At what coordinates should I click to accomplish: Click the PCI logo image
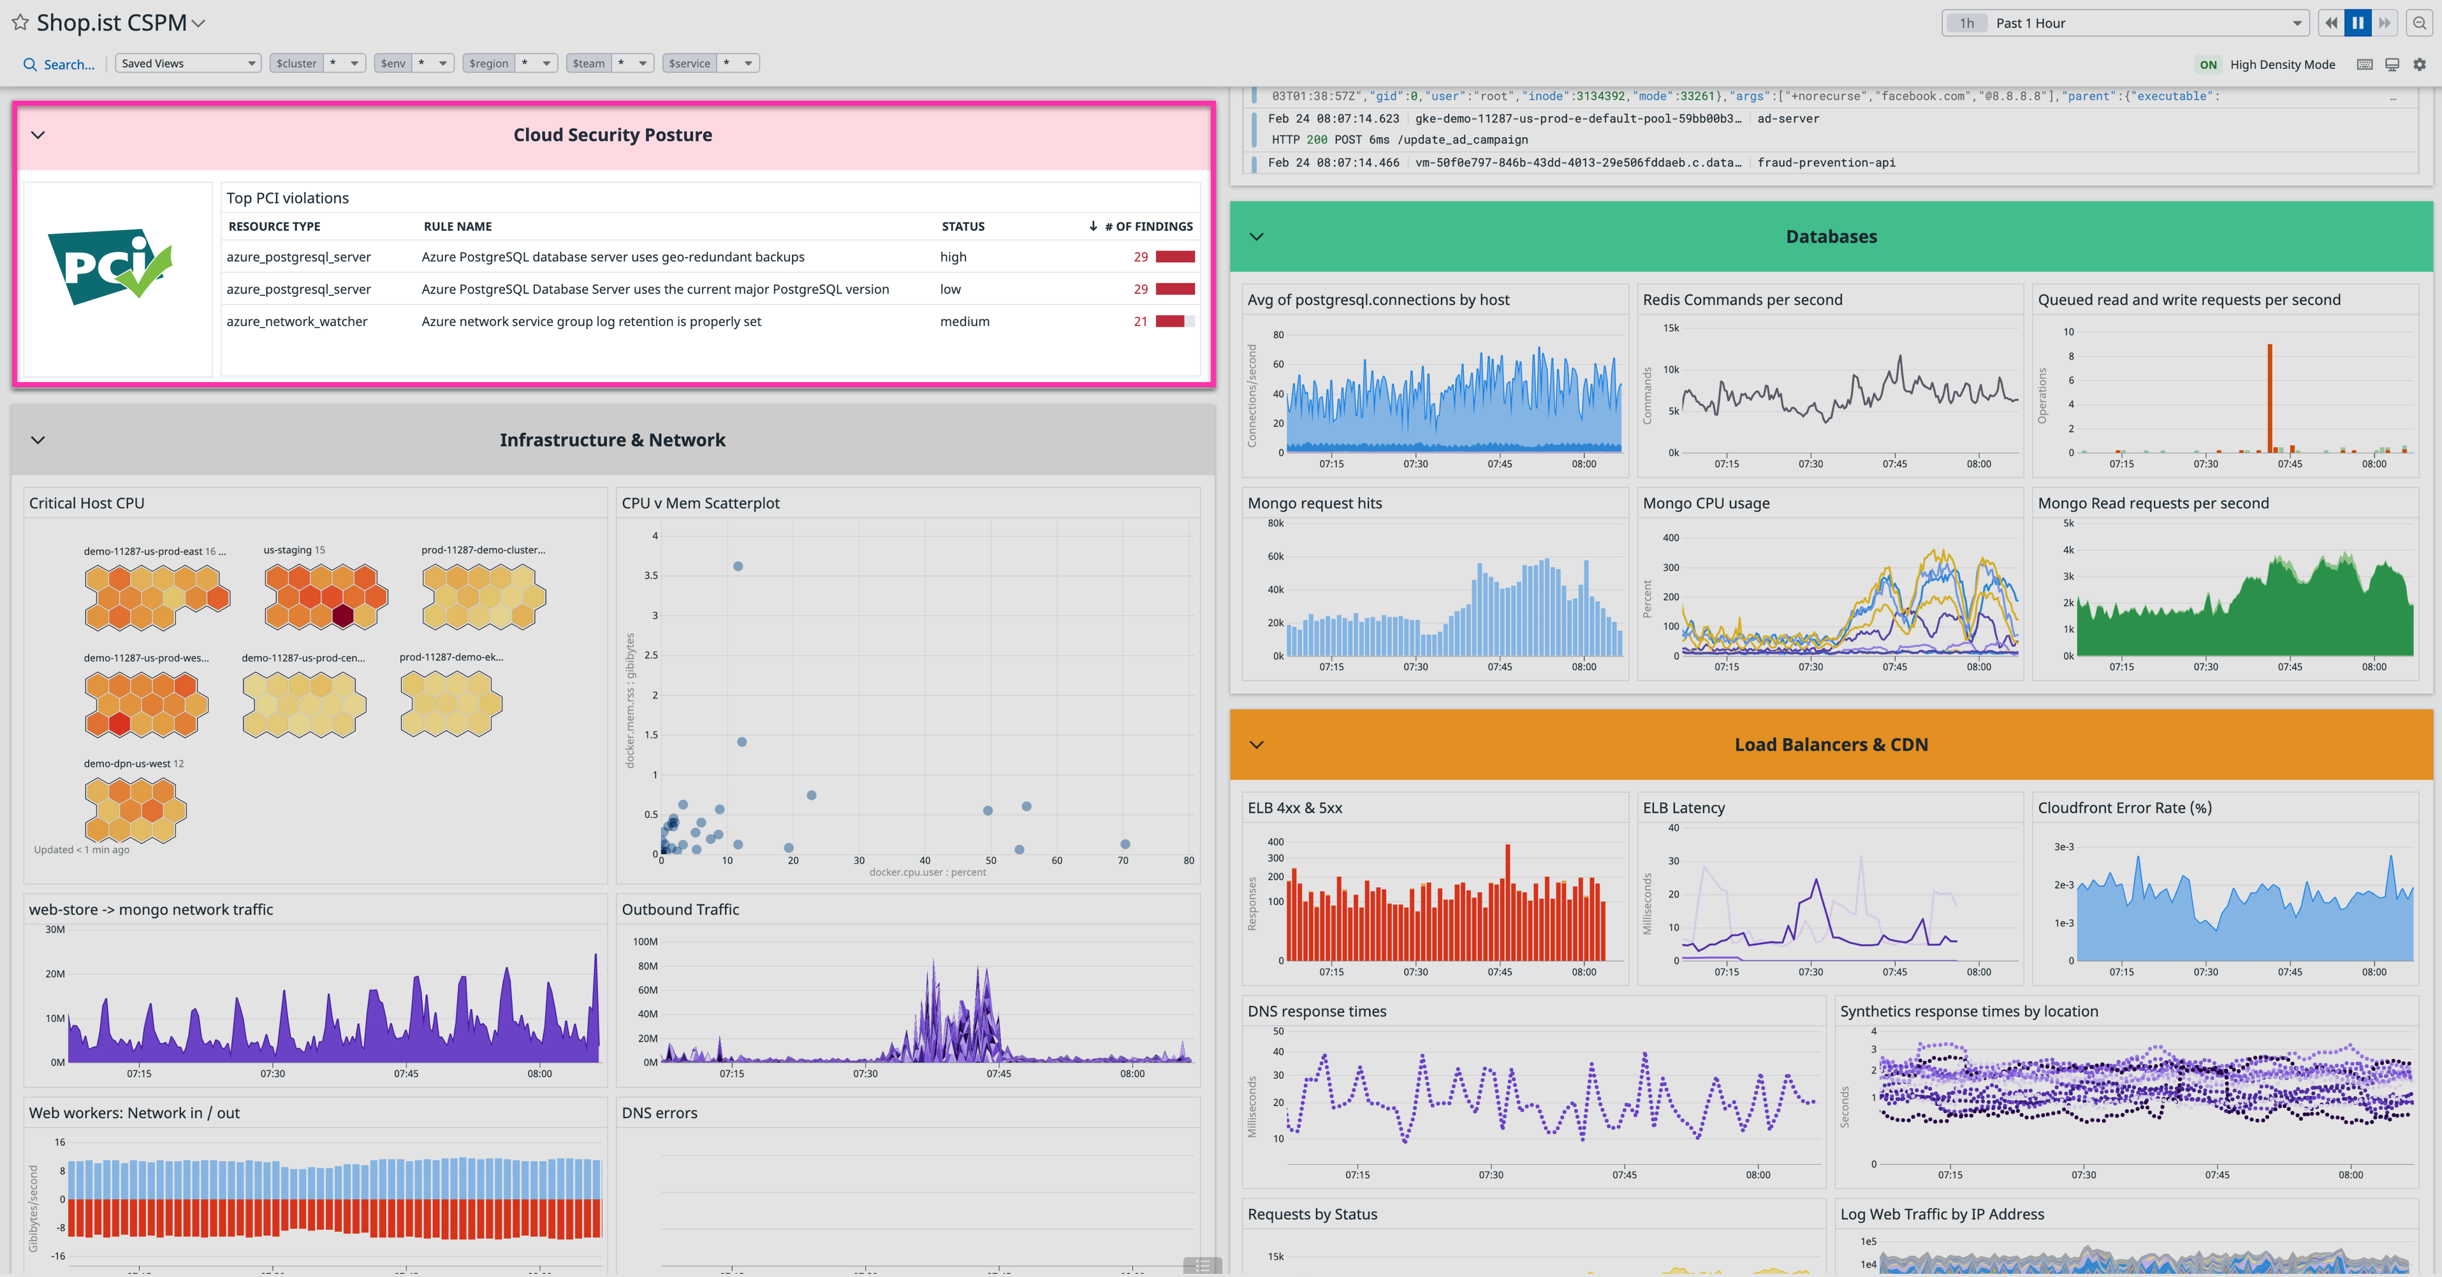(110, 267)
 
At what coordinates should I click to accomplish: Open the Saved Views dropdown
(187, 64)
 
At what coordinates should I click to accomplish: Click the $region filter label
(488, 64)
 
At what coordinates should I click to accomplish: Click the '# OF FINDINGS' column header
(1147, 226)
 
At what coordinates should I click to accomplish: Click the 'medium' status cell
(964, 321)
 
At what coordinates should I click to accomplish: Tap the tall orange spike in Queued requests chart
(2269, 398)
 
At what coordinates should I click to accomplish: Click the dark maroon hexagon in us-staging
(343, 616)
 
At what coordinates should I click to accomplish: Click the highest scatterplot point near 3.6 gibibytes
(738, 566)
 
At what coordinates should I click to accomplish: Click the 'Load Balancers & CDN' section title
(1830, 745)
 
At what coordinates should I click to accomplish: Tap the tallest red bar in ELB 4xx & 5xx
(1507, 901)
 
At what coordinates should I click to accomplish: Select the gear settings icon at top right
(2419, 64)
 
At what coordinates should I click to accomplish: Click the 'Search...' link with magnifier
(59, 64)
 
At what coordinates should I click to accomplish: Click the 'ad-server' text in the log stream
(1787, 119)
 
